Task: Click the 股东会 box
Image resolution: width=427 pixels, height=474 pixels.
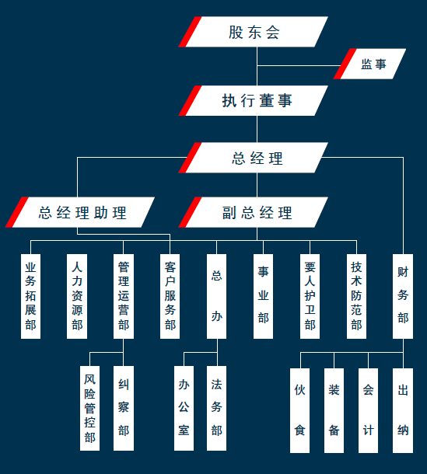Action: (x=254, y=32)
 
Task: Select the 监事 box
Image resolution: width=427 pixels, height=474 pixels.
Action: (x=369, y=64)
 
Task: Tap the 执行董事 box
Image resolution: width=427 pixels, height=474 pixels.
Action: (x=254, y=101)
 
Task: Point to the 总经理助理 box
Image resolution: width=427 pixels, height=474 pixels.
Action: (x=80, y=212)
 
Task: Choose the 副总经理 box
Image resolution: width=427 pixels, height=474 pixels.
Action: (x=254, y=212)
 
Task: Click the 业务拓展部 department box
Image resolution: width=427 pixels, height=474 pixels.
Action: (x=30, y=296)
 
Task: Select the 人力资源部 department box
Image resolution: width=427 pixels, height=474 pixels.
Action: (x=77, y=296)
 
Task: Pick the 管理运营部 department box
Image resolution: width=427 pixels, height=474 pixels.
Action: (x=124, y=296)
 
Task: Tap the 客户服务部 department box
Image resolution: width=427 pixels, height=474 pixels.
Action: (x=170, y=296)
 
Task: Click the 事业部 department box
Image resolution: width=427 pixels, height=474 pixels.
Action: (x=263, y=296)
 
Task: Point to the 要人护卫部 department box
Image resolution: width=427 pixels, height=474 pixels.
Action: (x=310, y=296)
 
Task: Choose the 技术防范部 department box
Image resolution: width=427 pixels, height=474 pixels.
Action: (x=356, y=296)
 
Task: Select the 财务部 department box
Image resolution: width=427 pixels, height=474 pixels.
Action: (x=403, y=296)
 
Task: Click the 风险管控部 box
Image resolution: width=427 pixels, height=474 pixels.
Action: (x=89, y=408)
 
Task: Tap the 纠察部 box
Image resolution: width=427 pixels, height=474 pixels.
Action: (x=124, y=408)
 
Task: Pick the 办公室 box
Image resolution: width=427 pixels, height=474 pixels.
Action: (x=184, y=408)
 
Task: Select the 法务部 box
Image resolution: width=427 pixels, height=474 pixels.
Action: (x=216, y=408)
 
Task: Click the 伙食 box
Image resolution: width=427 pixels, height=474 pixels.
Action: (x=299, y=410)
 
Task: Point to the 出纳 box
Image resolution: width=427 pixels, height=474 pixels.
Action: (x=403, y=410)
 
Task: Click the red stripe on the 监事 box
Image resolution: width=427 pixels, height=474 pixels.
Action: (x=345, y=64)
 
